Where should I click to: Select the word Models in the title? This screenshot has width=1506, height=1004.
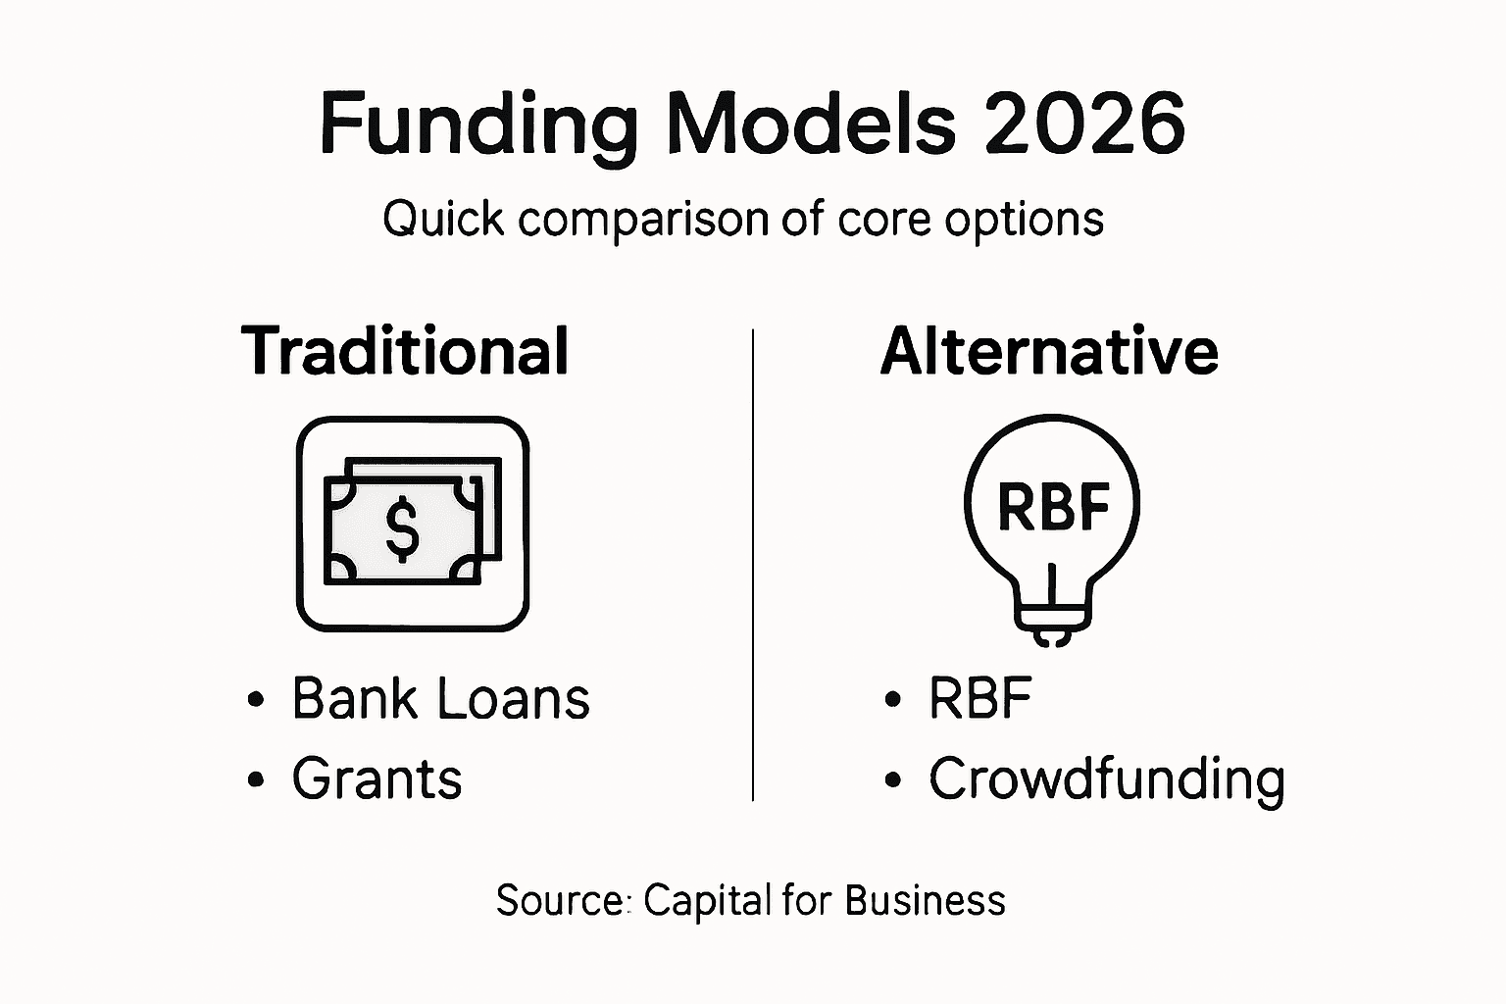click(x=812, y=124)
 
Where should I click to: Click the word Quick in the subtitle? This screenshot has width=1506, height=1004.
click(x=444, y=219)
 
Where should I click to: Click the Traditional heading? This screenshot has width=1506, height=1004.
click(x=405, y=351)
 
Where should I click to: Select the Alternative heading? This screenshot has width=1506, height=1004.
click(x=1049, y=351)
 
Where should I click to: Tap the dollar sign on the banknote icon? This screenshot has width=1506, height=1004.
click(x=402, y=527)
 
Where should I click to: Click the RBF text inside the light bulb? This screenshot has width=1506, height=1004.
click(x=1053, y=507)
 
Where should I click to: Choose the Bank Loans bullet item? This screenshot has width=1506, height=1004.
click(x=440, y=699)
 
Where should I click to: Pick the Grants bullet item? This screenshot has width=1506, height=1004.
click(x=376, y=779)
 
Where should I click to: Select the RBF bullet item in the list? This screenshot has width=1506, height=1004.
click(x=980, y=699)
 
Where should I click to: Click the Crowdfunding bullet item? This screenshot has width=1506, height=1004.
click(x=1106, y=779)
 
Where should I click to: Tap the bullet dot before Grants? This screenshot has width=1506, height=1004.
click(x=257, y=780)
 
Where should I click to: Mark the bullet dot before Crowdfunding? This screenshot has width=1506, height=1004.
click(x=892, y=780)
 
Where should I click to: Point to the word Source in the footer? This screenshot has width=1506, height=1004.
click(x=559, y=900)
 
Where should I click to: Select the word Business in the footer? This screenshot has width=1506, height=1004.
click(x=925, y=900)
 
